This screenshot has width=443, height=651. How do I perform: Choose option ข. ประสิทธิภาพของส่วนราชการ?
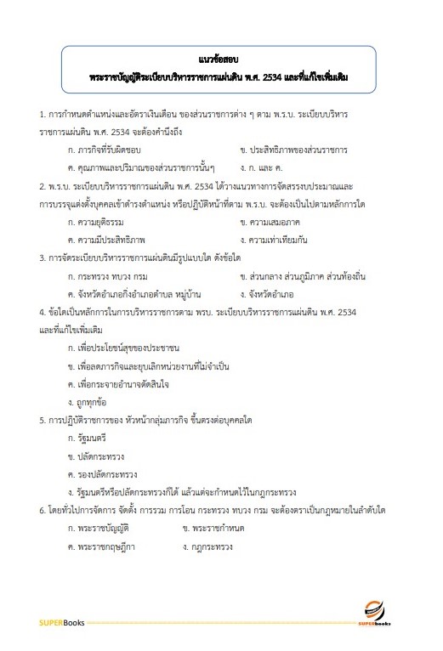click(293, 150)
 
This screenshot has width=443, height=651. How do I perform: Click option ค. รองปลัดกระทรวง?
click(101, 473)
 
